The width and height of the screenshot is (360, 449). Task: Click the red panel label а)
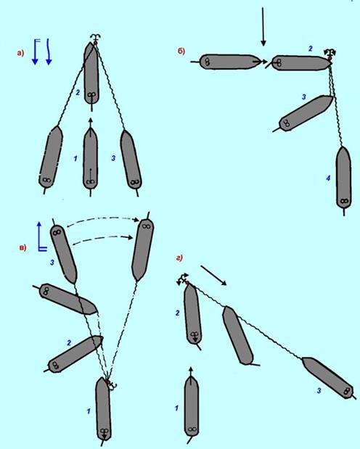pyautogui.click(x=20, y=53)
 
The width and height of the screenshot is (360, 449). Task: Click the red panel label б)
pyautogui.click(x=181, y=51)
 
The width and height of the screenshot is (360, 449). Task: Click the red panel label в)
pyautogui.click(x=23, y=247)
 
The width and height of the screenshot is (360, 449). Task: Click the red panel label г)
pyautogui.click(x=179, y=258)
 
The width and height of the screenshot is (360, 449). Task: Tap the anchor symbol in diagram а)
pyautogui.click(x=96, y=38)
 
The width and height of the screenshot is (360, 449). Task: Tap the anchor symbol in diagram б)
pyautogui.click(x=330, y=53)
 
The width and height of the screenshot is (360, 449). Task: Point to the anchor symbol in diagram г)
pyautogui.click(x=182, y=279)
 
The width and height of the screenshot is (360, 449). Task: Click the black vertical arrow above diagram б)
pyautogui.click(x=263, y=27)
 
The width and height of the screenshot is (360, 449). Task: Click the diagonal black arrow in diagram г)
pyautogui.click(x=213, y=275)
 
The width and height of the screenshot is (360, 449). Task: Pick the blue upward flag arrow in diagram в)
pyautogui.click(x=41, y=236)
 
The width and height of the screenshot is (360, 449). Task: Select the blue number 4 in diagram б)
pyautogui.click(x=328, y=178)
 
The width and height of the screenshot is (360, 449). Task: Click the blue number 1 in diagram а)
pyautogui.click(x=75, y=158)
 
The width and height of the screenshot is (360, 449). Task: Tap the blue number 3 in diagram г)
pyautogui.click(x=319, y=390)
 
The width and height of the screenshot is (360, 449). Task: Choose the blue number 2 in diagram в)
pyautogui.click(x=69, y=343)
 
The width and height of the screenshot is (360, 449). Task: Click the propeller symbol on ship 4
pyautogui.click(x=344, y=201)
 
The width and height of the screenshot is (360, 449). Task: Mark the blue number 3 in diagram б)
pyautogui.click(x=304, y=97)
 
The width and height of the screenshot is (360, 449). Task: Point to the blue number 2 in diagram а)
pyautogui.click(x=78, y=93)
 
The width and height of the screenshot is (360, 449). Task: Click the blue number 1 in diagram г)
pyautogui.click(x=176, y=408)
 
